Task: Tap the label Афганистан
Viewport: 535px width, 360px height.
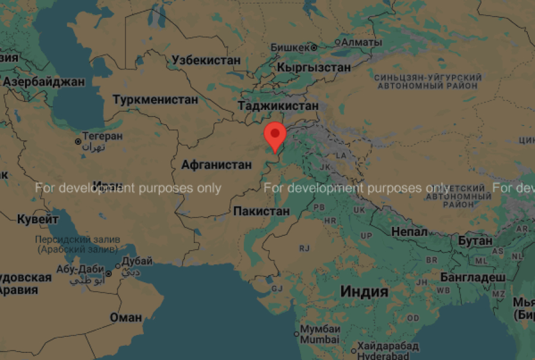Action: tap(216, 165)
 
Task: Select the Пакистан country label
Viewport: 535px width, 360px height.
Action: tap(262, 211)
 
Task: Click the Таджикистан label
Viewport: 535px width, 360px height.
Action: tap(278, 106)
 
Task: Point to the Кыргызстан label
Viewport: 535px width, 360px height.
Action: tap(313, 67)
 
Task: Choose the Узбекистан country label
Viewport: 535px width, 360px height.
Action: tap(206, 60)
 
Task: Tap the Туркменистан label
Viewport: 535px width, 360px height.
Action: tap(155, 99)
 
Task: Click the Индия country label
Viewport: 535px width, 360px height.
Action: tap(364, 291)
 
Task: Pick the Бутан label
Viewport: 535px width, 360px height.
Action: tap(475, 241)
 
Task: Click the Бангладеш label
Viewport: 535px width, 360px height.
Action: tap(473, 277)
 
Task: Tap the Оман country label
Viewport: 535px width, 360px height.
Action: tap(126, 317)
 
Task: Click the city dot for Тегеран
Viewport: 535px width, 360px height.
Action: tap(78, 142)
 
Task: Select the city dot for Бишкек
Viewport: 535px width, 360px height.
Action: tap(314, 47)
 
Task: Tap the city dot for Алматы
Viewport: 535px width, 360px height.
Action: tap(338, 43)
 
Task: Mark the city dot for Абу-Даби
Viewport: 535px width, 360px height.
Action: tap(108, 273)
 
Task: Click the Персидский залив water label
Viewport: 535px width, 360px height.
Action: tap(78, 239)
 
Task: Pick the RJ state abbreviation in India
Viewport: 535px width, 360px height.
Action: tap(305, 248)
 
